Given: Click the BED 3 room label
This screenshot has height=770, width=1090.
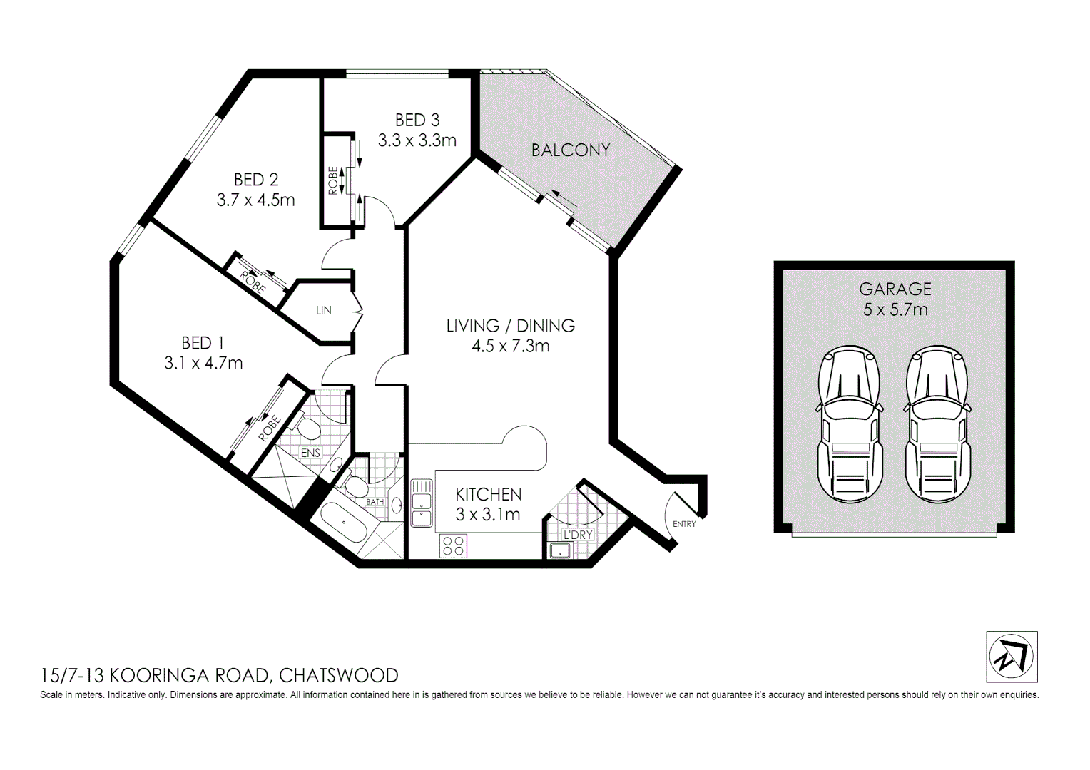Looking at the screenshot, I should (417, 120).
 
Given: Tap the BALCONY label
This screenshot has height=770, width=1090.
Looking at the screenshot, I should (571, 150).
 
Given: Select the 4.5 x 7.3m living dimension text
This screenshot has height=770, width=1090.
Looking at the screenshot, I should (510, 346).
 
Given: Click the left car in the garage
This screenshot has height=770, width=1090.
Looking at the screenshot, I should (849, 425).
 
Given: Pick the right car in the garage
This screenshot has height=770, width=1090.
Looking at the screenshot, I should (937, 425).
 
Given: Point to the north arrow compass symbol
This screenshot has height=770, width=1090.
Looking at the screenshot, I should (1012, 657).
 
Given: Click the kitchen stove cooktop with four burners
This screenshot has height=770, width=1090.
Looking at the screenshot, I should (454, 546).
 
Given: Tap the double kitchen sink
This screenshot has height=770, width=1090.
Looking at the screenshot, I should (421, 503).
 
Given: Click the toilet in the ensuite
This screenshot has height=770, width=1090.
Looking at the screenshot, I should (307, 428).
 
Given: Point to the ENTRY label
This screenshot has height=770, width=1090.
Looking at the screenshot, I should (684, 524).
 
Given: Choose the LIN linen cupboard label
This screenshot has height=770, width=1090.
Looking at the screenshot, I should (324, 310).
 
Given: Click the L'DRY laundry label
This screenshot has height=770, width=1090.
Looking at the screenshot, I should (578, 535).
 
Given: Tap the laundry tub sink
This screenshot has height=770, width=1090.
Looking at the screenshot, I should (559, 550).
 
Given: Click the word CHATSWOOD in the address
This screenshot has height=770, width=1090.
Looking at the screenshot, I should (338, 675).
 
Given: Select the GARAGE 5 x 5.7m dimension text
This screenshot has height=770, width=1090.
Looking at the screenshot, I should (895, 309).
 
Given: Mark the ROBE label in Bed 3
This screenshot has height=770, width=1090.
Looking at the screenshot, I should (333, 180).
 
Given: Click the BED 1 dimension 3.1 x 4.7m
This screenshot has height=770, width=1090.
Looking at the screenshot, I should (203, 364).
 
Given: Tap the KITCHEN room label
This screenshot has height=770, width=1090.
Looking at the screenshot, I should (489, 494).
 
